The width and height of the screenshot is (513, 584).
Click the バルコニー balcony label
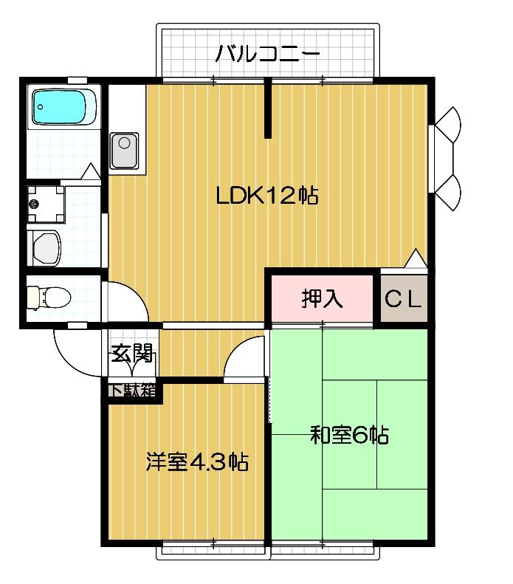tap(267, 55)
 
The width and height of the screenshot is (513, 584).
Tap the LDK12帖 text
tap(266, 196)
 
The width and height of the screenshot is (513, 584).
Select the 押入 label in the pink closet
tap(322, 298)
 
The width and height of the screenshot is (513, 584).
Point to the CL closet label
tap(404, 299)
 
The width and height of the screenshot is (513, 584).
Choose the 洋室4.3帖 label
tap(196, 463)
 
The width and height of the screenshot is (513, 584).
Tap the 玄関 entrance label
tap(132, 354)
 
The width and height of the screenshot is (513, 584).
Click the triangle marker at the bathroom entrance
tap(90, 172)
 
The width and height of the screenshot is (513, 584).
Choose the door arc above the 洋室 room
tap(244, 358)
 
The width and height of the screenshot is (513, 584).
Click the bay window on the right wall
tap(447, 159)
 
